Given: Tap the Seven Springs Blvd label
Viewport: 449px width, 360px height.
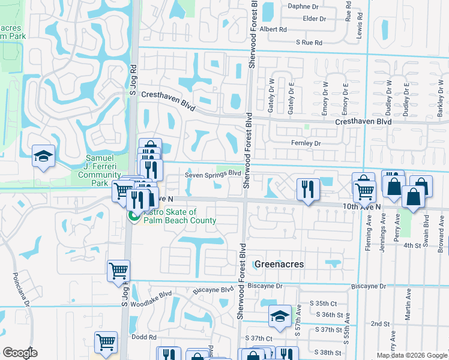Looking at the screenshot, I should click(212, 174).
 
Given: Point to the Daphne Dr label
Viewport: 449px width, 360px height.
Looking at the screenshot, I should click(303, 7).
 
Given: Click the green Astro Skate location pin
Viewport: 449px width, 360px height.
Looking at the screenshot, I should click(133, 216).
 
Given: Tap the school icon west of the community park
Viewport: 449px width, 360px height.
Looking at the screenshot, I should click(43, 157).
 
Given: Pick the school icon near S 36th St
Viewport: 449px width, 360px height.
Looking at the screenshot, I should click(280, 316).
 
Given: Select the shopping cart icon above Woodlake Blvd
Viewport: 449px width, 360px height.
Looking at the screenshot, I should click(118, 271).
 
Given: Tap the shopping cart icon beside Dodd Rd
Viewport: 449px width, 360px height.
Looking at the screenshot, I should click(106, 342).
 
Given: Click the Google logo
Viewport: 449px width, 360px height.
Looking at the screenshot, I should click(19, 353).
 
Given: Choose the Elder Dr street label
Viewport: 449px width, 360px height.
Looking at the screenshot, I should click(315, 19).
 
